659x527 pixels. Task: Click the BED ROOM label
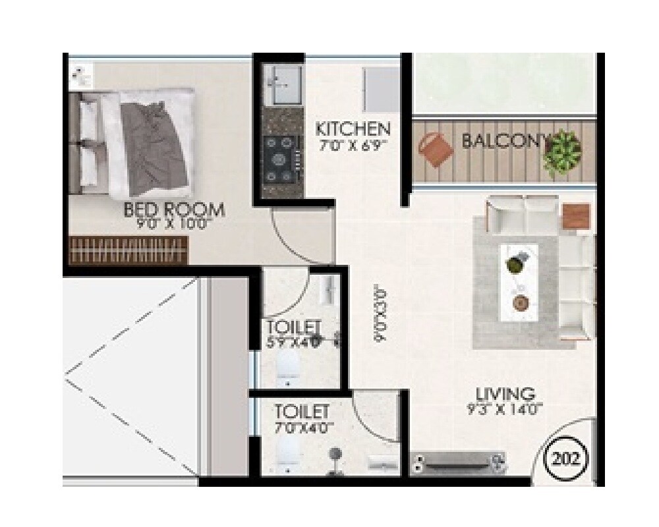point(174,210)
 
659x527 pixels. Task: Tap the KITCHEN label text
point(353,128)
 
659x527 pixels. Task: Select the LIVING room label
point(505,395)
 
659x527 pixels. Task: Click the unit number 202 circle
point(567,459)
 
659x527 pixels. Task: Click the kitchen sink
point(283,84)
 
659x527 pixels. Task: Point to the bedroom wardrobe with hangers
point(129,251)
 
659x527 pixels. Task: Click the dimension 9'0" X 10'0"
point(175,225)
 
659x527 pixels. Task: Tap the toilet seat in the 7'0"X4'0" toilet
point(289,452)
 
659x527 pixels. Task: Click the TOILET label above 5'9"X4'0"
point(294,327)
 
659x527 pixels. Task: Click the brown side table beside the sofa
point(577,216)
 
